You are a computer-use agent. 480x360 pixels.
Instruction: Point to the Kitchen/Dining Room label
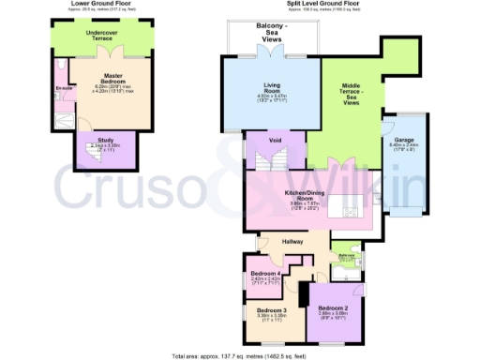tap(305, 196)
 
